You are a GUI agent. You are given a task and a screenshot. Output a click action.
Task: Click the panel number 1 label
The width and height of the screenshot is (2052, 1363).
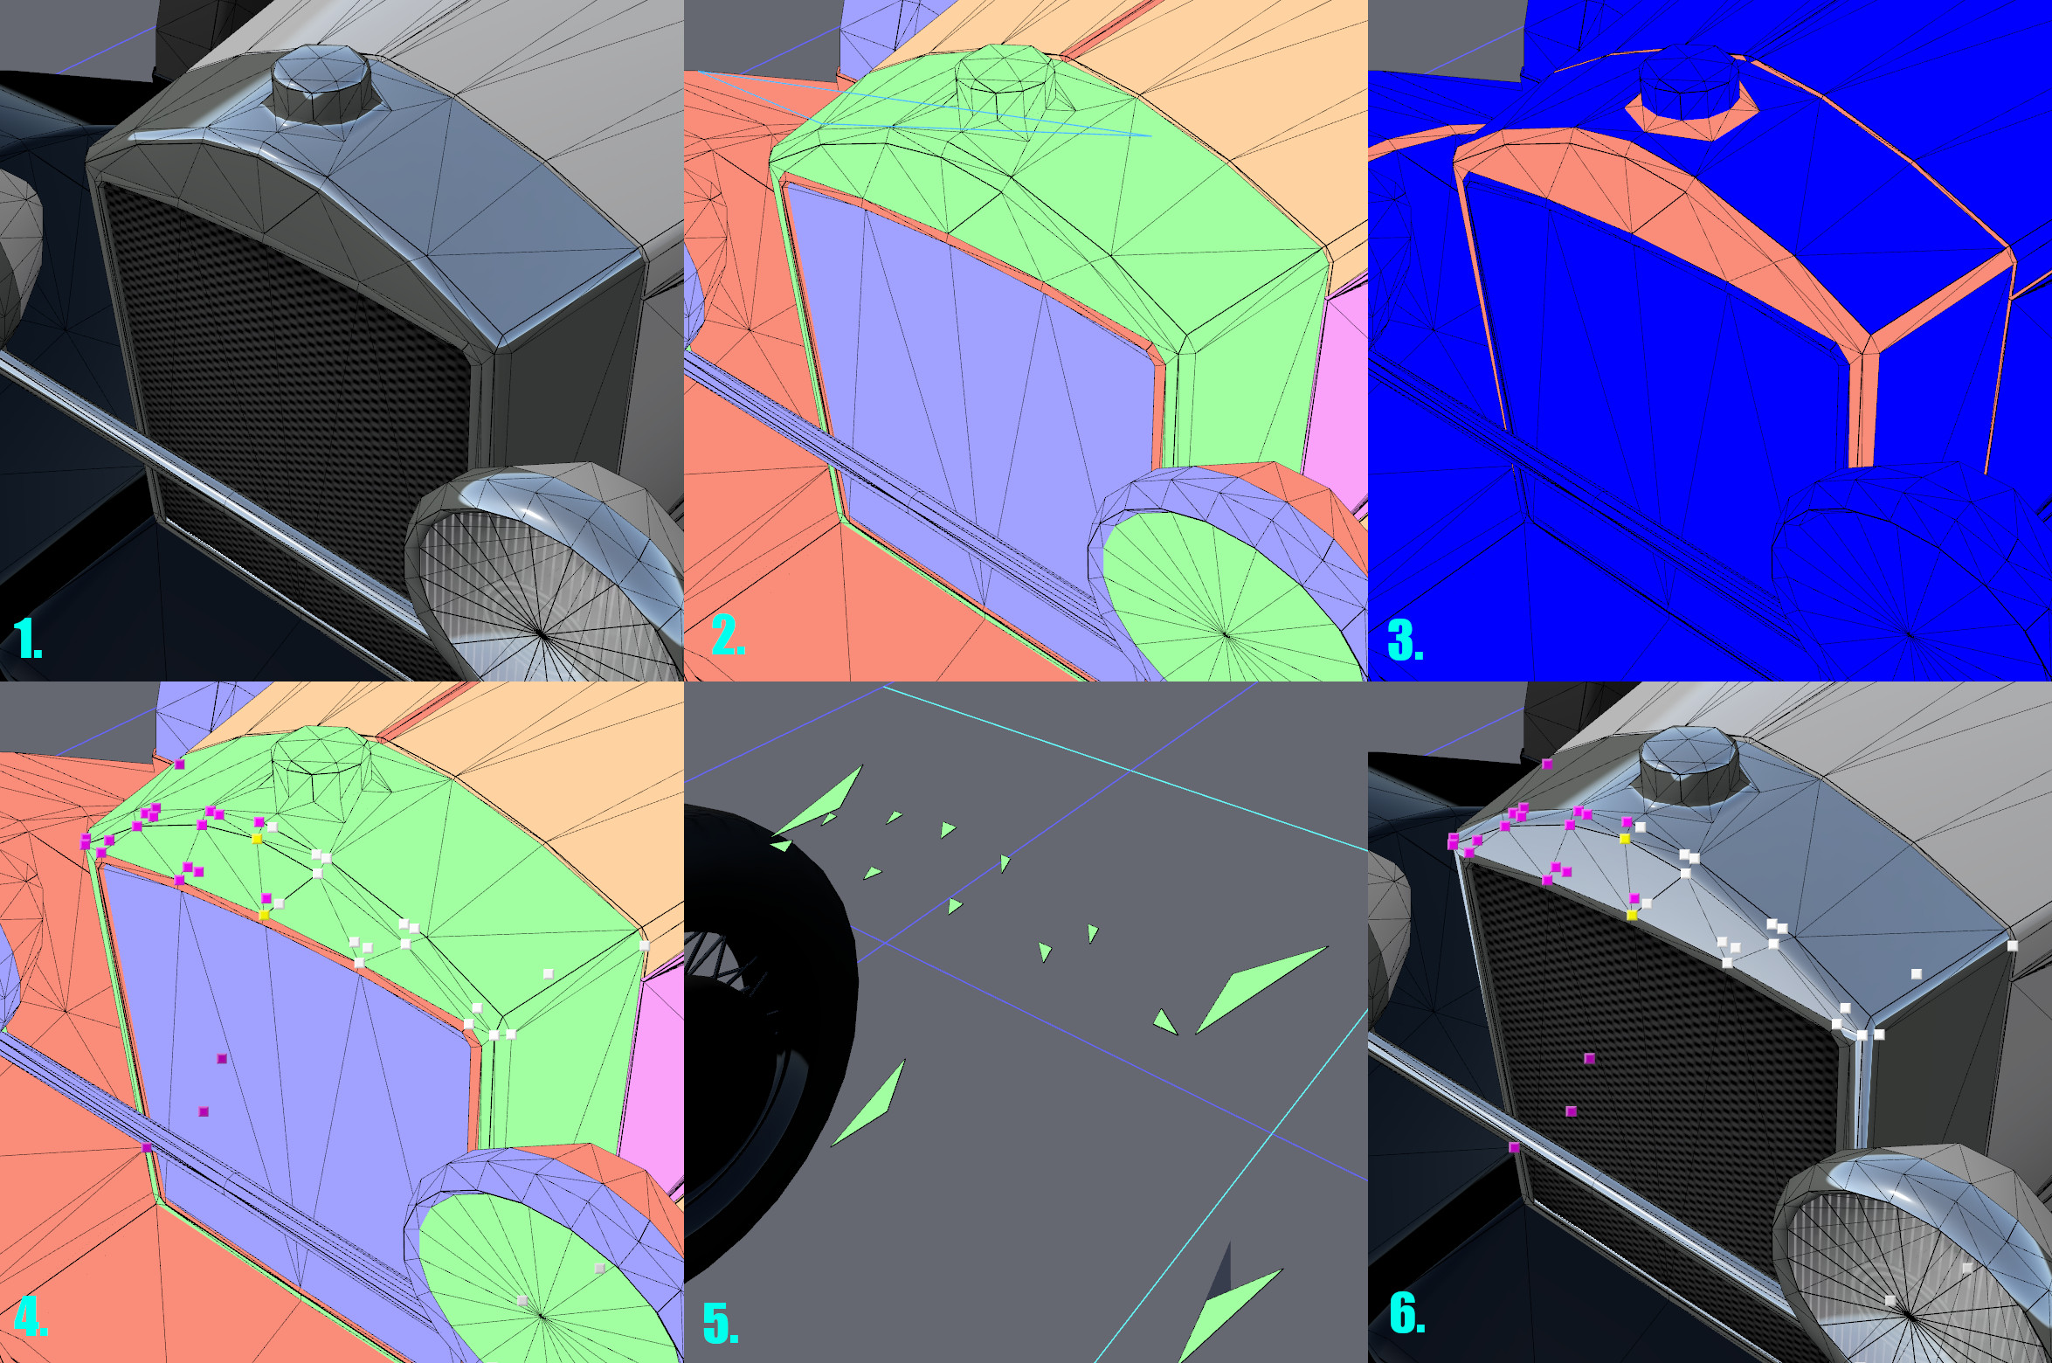28,639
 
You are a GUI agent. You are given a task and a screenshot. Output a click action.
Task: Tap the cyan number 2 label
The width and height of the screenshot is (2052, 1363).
728,635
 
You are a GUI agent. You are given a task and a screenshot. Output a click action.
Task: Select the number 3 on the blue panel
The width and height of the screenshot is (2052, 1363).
1405,640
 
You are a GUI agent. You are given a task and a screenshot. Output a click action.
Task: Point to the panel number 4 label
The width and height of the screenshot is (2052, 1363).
31,1317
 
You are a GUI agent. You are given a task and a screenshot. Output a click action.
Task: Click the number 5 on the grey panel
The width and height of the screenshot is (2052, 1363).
721,1323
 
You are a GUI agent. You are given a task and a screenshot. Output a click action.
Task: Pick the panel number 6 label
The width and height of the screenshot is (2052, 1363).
1407,1313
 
